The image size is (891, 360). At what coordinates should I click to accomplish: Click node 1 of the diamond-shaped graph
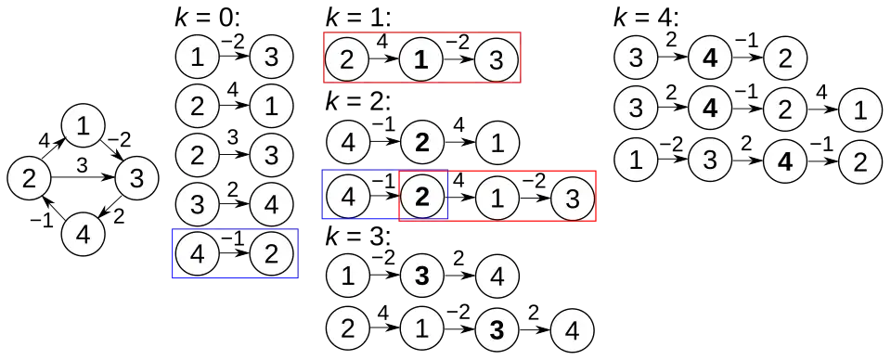(83, 125)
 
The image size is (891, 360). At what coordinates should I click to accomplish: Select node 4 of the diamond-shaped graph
(83, 234)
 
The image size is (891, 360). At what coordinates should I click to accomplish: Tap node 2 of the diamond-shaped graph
(29, 177)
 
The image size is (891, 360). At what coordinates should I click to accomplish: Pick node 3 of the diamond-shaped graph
(137, 177)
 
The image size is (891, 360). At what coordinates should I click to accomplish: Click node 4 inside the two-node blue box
(197, 254)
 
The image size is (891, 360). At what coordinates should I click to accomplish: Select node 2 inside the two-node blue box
(271, 254)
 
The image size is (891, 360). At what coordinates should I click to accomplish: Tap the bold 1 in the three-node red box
(421, 60)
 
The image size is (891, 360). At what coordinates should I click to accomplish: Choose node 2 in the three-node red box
(347, 60)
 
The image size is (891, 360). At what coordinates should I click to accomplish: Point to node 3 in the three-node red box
(496, 60)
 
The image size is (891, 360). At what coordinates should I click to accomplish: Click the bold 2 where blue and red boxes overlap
(421, 197)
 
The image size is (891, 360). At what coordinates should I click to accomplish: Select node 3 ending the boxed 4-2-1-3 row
(572, 197)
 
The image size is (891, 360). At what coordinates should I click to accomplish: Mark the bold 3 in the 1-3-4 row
(421, 276)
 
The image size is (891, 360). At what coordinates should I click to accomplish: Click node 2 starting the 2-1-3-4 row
(347, 328)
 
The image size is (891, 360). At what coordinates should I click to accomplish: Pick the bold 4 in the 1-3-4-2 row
(785, 162)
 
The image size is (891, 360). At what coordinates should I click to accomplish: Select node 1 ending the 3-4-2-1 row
(859, 110)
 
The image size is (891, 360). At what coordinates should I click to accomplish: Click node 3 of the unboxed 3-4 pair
(197, 201)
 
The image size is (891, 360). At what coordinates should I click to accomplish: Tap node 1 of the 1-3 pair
(197, 58)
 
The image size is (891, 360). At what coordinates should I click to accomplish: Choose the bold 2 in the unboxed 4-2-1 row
(421, 144)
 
